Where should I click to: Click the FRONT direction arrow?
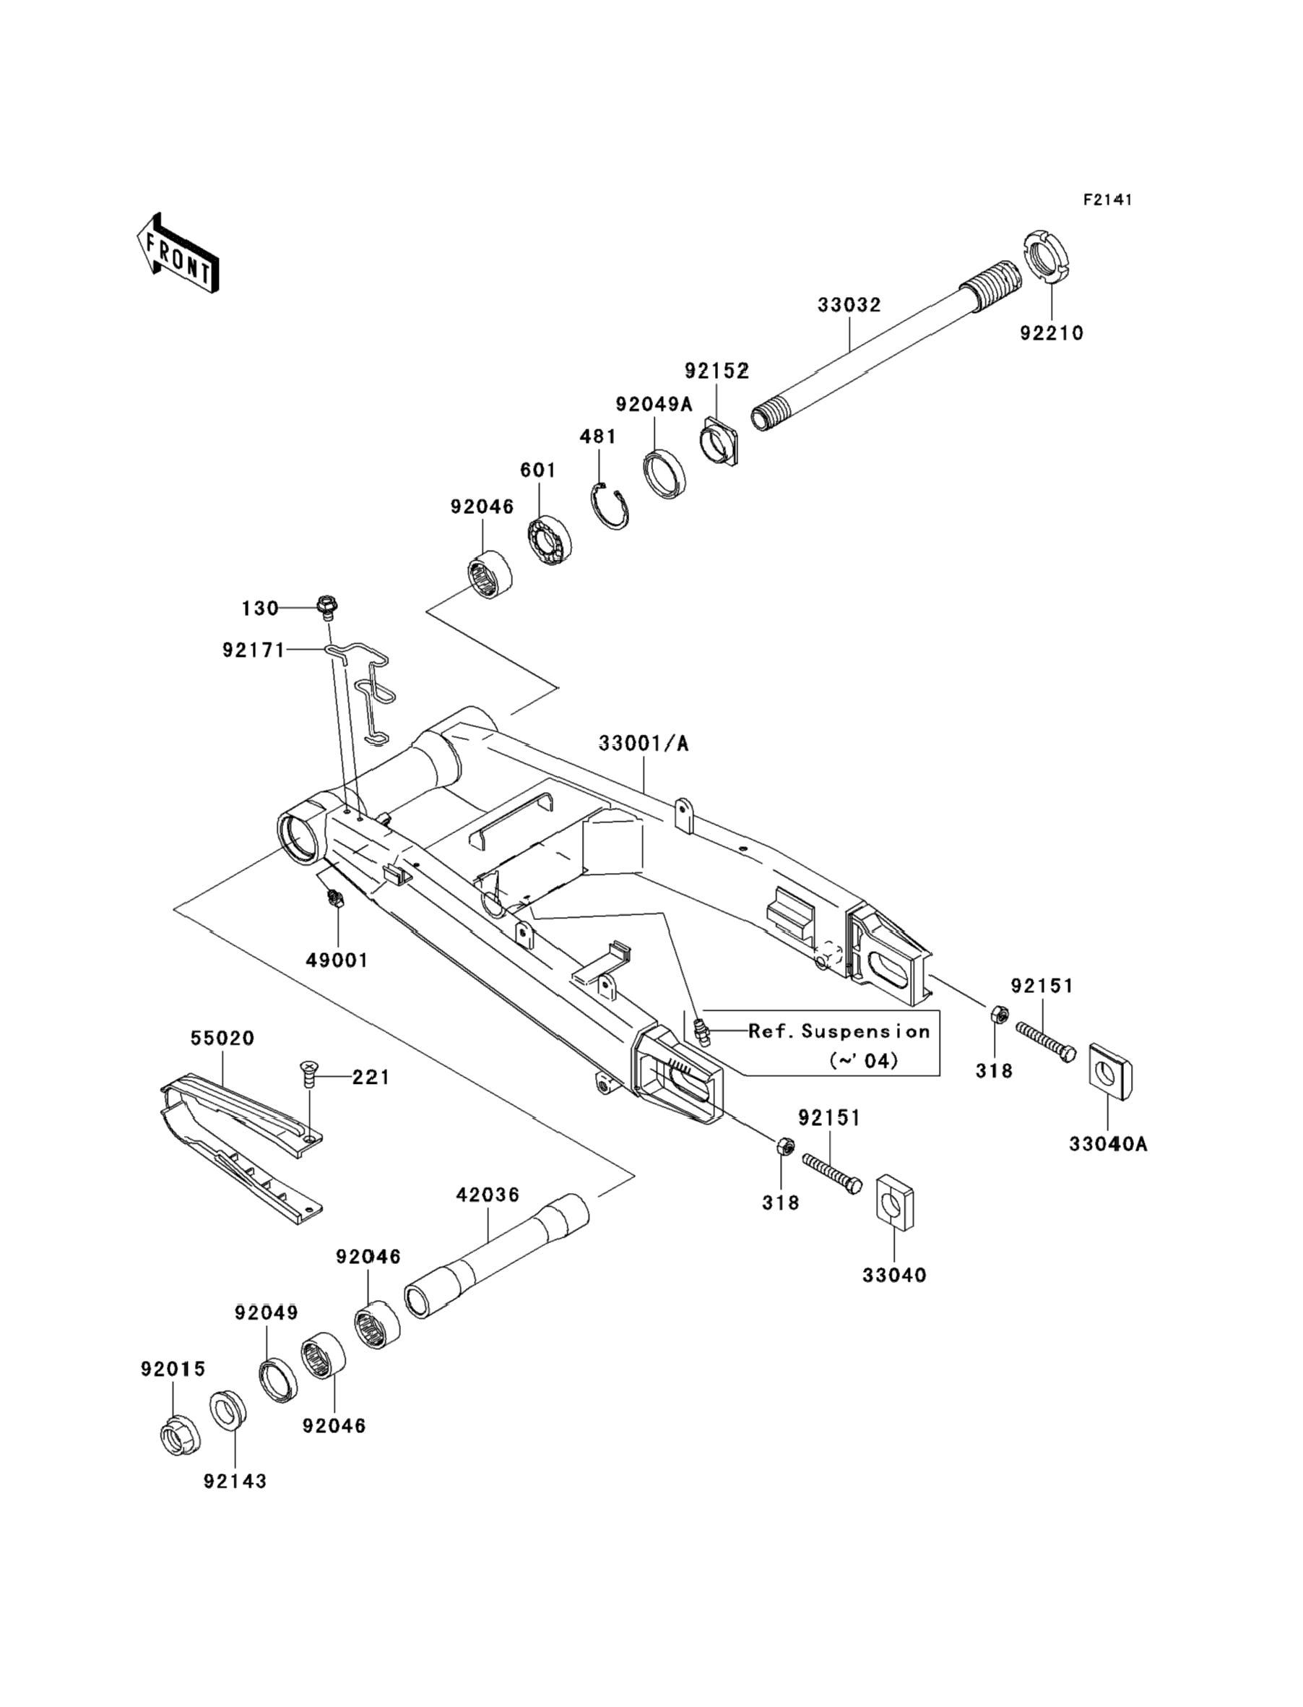(178, 253)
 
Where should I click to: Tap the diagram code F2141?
(1107, 200)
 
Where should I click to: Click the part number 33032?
(849, 305)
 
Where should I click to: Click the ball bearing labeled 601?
(549, 538)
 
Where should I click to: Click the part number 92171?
(254, 650)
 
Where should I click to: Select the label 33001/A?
(644, 744)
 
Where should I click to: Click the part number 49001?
(337, 960)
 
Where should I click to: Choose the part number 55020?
(222, 1039)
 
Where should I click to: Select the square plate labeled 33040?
(895, 1203)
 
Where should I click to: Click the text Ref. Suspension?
(839, 1031)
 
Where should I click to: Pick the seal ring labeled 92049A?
(665, 473)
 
